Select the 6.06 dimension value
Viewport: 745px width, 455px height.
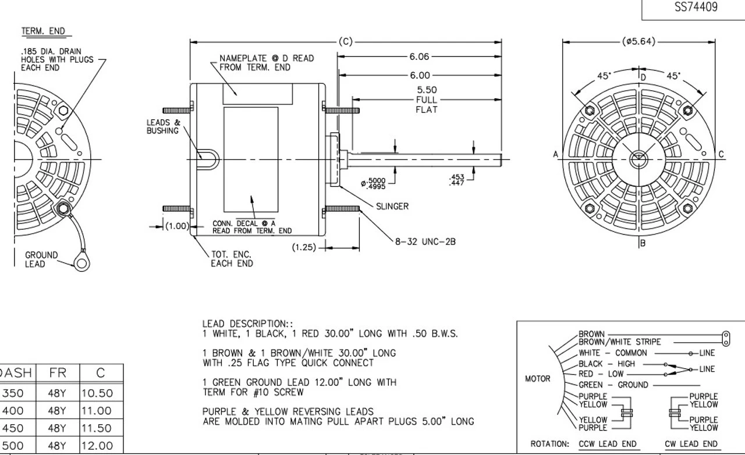click(x=419, y=56)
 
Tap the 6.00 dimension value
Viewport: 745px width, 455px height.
click(x=419, y=75)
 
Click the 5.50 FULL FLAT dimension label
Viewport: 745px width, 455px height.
click(x=426, y=99)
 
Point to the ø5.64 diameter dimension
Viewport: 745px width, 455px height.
click(x=638, y=41)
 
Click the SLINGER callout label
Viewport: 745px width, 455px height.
click(x=392, y=206)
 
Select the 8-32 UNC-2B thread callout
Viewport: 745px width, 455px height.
click(x=425, y=241)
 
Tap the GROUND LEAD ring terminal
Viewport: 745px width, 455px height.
click(x=80, y=264)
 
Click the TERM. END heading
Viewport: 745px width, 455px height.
click(x=43, y=31)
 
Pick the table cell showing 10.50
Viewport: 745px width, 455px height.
click(x=97, y=393)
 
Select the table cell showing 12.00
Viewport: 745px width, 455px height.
click(x=97, y=446)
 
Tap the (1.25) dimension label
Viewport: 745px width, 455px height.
click(x=304, y=247)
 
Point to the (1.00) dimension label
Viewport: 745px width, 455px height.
click(x=176, y=226)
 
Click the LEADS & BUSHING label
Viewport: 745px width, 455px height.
click(x=163, y=127)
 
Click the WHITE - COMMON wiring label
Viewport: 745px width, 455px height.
click(x=612, y=353)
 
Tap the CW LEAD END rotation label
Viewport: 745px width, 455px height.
click(x=691, y=444)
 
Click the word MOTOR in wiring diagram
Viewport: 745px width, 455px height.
click(x=537, y=379)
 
